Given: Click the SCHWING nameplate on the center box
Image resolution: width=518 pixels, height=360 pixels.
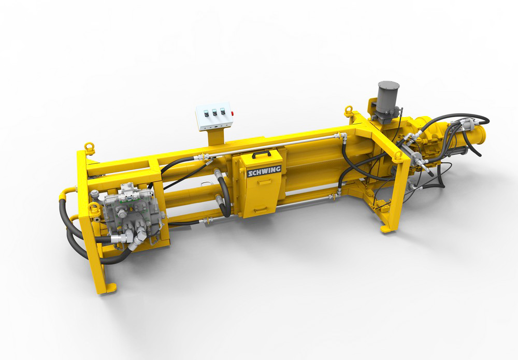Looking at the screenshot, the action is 264,171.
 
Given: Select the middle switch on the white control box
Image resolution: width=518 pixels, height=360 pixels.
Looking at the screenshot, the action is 214,112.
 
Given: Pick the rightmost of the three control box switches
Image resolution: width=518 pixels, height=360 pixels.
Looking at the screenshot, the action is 223,111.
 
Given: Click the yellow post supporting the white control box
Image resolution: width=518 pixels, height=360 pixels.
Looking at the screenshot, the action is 215,136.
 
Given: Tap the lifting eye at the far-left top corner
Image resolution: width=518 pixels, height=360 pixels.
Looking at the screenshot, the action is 90,148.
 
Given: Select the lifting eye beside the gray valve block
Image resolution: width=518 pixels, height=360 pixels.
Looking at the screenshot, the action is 94,208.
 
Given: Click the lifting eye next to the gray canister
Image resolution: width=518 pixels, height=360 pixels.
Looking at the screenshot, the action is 349,111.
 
